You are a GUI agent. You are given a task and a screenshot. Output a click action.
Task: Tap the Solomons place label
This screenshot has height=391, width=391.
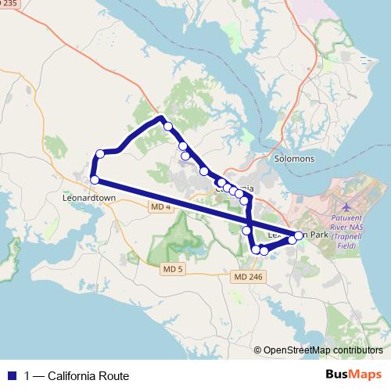tap(294, 159)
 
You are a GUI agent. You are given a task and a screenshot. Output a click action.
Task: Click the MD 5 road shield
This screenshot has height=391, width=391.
tap(172, 269)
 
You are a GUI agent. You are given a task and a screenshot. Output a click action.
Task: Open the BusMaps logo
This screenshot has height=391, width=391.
tap(356, 375)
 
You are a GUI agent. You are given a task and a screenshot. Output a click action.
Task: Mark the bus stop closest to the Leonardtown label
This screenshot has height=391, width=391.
tap(95, 180)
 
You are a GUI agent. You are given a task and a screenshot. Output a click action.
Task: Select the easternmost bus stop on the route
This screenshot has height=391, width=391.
tap(299, 235)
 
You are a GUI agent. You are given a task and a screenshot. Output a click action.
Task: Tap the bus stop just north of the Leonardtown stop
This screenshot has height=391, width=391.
tap(100, 154)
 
